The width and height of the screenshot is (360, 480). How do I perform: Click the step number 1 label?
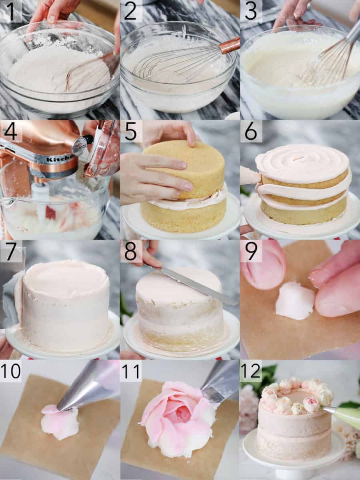11,11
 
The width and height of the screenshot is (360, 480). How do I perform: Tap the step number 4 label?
11,131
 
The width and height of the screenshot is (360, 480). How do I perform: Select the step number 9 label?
251,251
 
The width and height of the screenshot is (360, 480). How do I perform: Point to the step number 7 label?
11,251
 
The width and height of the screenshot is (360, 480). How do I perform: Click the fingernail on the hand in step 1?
52,18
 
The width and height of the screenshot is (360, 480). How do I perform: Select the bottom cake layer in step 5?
180,218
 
